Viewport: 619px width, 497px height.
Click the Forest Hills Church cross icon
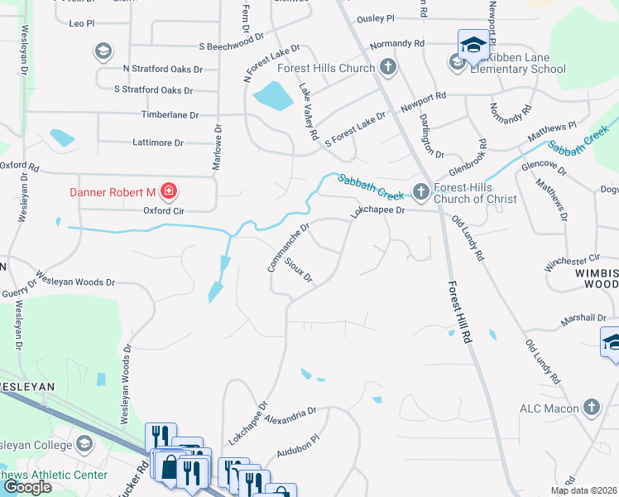point(387,67)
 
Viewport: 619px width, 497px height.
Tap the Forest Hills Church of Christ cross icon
point(420,191)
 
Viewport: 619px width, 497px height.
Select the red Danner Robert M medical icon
point(169,192)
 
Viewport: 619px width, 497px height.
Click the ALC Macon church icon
point(591,408)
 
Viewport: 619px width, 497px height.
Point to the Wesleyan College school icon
point(84,445)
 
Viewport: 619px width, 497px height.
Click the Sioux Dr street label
point(298,270)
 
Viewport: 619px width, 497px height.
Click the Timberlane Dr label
point(170,115)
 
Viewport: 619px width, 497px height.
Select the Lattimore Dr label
point(158,142)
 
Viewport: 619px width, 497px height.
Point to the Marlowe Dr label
point(218,147)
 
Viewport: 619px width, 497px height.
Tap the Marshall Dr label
point(583,318)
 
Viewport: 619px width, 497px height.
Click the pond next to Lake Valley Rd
point(272,96)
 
